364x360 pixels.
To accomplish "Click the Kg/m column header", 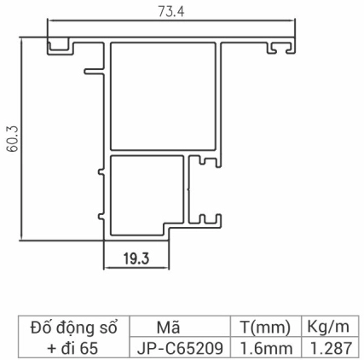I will (x=329, y=328).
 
